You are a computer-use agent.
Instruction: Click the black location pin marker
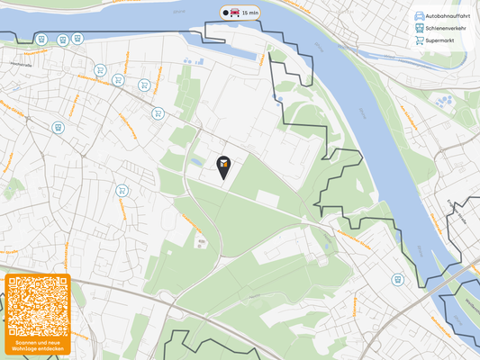(x=222, y=164)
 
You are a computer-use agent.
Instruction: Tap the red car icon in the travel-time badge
(x=235, y=13)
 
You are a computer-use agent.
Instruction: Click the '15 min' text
(x=250, y=13)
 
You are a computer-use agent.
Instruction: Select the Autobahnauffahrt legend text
(x=448, y=16)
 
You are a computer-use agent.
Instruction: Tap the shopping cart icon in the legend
(x=419, y=40)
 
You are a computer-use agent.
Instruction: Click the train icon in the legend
(x=419, y=28)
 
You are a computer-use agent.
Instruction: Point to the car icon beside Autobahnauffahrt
(x=419, y=16)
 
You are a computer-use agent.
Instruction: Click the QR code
(x=37, y=307)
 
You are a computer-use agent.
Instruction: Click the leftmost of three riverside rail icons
(x=42, y=40)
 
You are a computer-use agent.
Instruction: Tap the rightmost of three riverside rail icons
(x=77, y=39)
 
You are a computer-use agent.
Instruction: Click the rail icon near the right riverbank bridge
(x=397, y=279)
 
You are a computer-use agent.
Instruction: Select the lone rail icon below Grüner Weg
(x=58, y=128)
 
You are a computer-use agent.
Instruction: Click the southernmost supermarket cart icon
(x=122, y=191)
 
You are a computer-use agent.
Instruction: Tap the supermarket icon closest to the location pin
(x=158, y=113)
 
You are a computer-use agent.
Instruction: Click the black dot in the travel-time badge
(x=225, y=13)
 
